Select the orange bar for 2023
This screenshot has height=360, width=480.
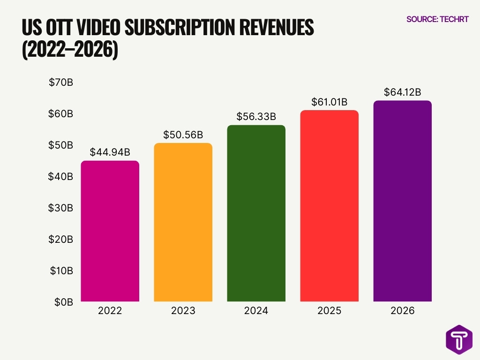coord(183,222)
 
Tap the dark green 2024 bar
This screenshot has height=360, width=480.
coord(256,213)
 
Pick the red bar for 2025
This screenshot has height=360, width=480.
coord(329,206)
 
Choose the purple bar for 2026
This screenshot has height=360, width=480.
coord(402,201)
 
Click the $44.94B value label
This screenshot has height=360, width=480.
coord(110,153)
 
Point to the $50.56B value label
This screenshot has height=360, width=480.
coord(183,135)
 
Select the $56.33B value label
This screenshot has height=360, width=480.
coord(256,117)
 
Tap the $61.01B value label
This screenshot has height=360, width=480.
coord(329,102)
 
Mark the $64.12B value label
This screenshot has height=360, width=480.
coord(402,92)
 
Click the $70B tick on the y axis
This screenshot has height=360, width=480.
coord(61,82)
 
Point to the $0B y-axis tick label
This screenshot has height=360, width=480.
coord(63,302)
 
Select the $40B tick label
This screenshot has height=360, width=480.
coord(61,177)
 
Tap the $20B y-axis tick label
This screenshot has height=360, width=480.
coord(61,239)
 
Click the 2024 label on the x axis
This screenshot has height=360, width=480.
coord(256,311)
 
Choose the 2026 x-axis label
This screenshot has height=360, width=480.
coord(402,311)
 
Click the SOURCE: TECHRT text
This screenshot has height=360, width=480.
coord(437,20)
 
